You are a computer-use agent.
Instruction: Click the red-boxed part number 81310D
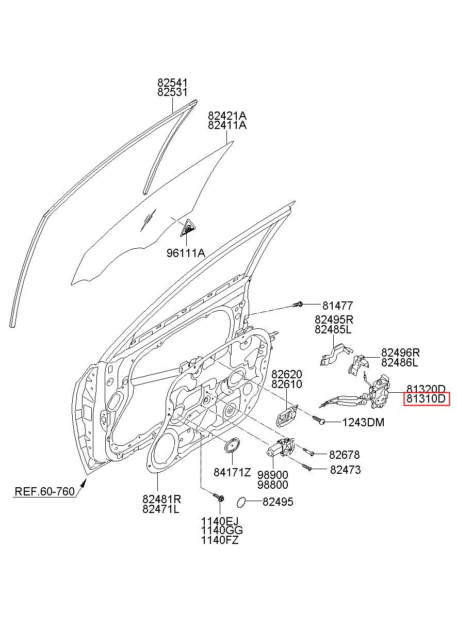(427, 399)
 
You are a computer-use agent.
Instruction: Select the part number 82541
(173, 83)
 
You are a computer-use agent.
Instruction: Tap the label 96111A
(186, 253)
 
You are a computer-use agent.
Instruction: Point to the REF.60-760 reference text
(44, 491)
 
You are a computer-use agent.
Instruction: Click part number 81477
(338, 306)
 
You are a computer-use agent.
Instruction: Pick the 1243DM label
(363, 423)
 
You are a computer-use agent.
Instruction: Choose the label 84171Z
(233, 472)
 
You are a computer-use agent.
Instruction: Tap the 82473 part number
(346, 470)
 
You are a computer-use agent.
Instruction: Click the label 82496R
(400, 352)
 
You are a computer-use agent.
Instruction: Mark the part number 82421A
(227, 116)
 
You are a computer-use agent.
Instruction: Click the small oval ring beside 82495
(241, 502)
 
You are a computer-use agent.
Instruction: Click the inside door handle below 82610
(286, 416)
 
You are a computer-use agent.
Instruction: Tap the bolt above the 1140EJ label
(219, 498)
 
